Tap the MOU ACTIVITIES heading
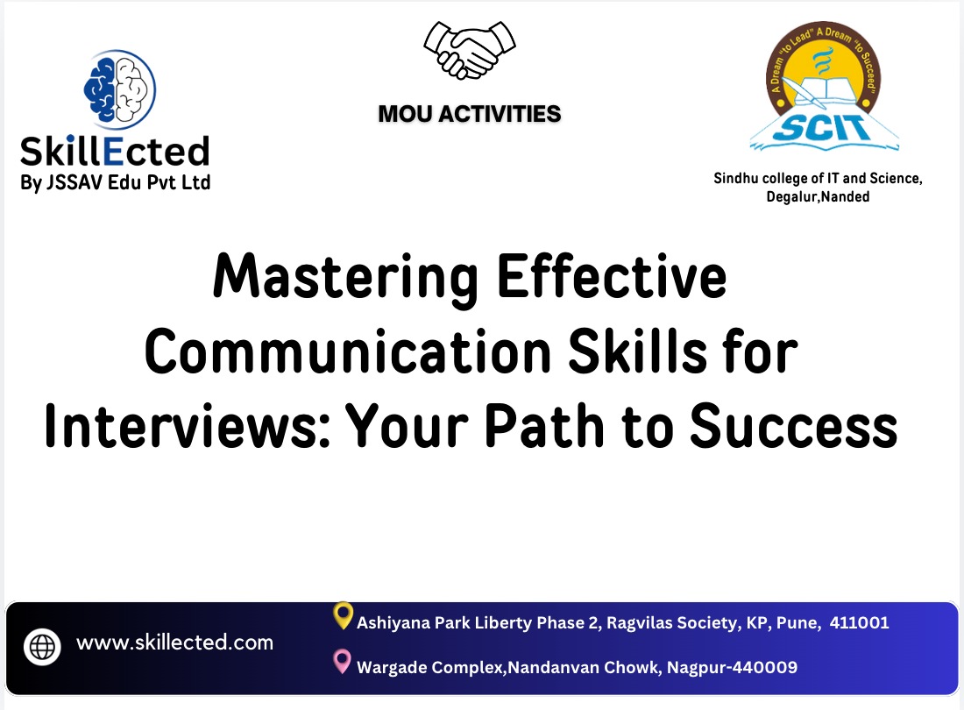(x=470, y=114)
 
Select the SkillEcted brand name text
(x=115, y=151)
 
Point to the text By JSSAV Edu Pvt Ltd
(x=115, y=182)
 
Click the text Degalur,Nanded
(x=818, y=196)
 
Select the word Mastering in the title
(x=345, y=276)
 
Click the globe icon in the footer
(x=41, y=646)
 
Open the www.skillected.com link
(x=175, y=643)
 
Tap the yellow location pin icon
(x=344, y=616)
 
